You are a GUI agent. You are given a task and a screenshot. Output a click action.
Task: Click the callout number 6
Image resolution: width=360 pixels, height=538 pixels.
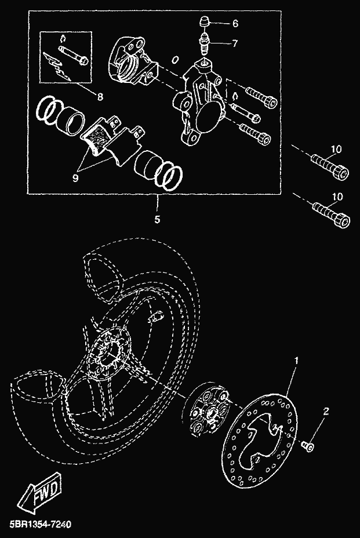point(235,23)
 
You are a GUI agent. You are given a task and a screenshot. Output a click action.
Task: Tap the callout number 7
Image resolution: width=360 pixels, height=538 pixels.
point(235,43)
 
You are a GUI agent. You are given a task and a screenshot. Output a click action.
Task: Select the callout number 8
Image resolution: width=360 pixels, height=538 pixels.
point(100,97)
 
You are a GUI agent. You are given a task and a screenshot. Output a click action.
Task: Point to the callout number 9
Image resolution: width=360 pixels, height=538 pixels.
point(75,178)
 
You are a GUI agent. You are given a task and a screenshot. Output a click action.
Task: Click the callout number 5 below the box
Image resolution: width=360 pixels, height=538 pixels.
point(157,219)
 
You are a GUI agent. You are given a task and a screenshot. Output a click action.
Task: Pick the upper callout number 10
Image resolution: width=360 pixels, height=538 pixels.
point(336,149)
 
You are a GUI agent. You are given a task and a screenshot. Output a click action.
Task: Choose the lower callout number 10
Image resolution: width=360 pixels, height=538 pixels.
point(337,197)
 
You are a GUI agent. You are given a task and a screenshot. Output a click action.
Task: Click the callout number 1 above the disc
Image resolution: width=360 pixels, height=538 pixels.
point(296,361)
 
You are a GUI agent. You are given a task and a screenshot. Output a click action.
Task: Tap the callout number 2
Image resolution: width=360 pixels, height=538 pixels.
point(326,411)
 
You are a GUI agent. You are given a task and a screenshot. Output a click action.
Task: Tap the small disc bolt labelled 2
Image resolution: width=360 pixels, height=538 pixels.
point(308,446)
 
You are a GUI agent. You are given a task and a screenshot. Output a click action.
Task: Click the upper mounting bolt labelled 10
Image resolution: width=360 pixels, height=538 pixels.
point(330,166)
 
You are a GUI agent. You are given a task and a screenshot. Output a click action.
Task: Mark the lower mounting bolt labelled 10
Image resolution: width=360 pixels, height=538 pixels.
point(331,213)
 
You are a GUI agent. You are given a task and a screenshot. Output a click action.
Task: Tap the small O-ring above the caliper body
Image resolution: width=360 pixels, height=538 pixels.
point(175,60)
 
